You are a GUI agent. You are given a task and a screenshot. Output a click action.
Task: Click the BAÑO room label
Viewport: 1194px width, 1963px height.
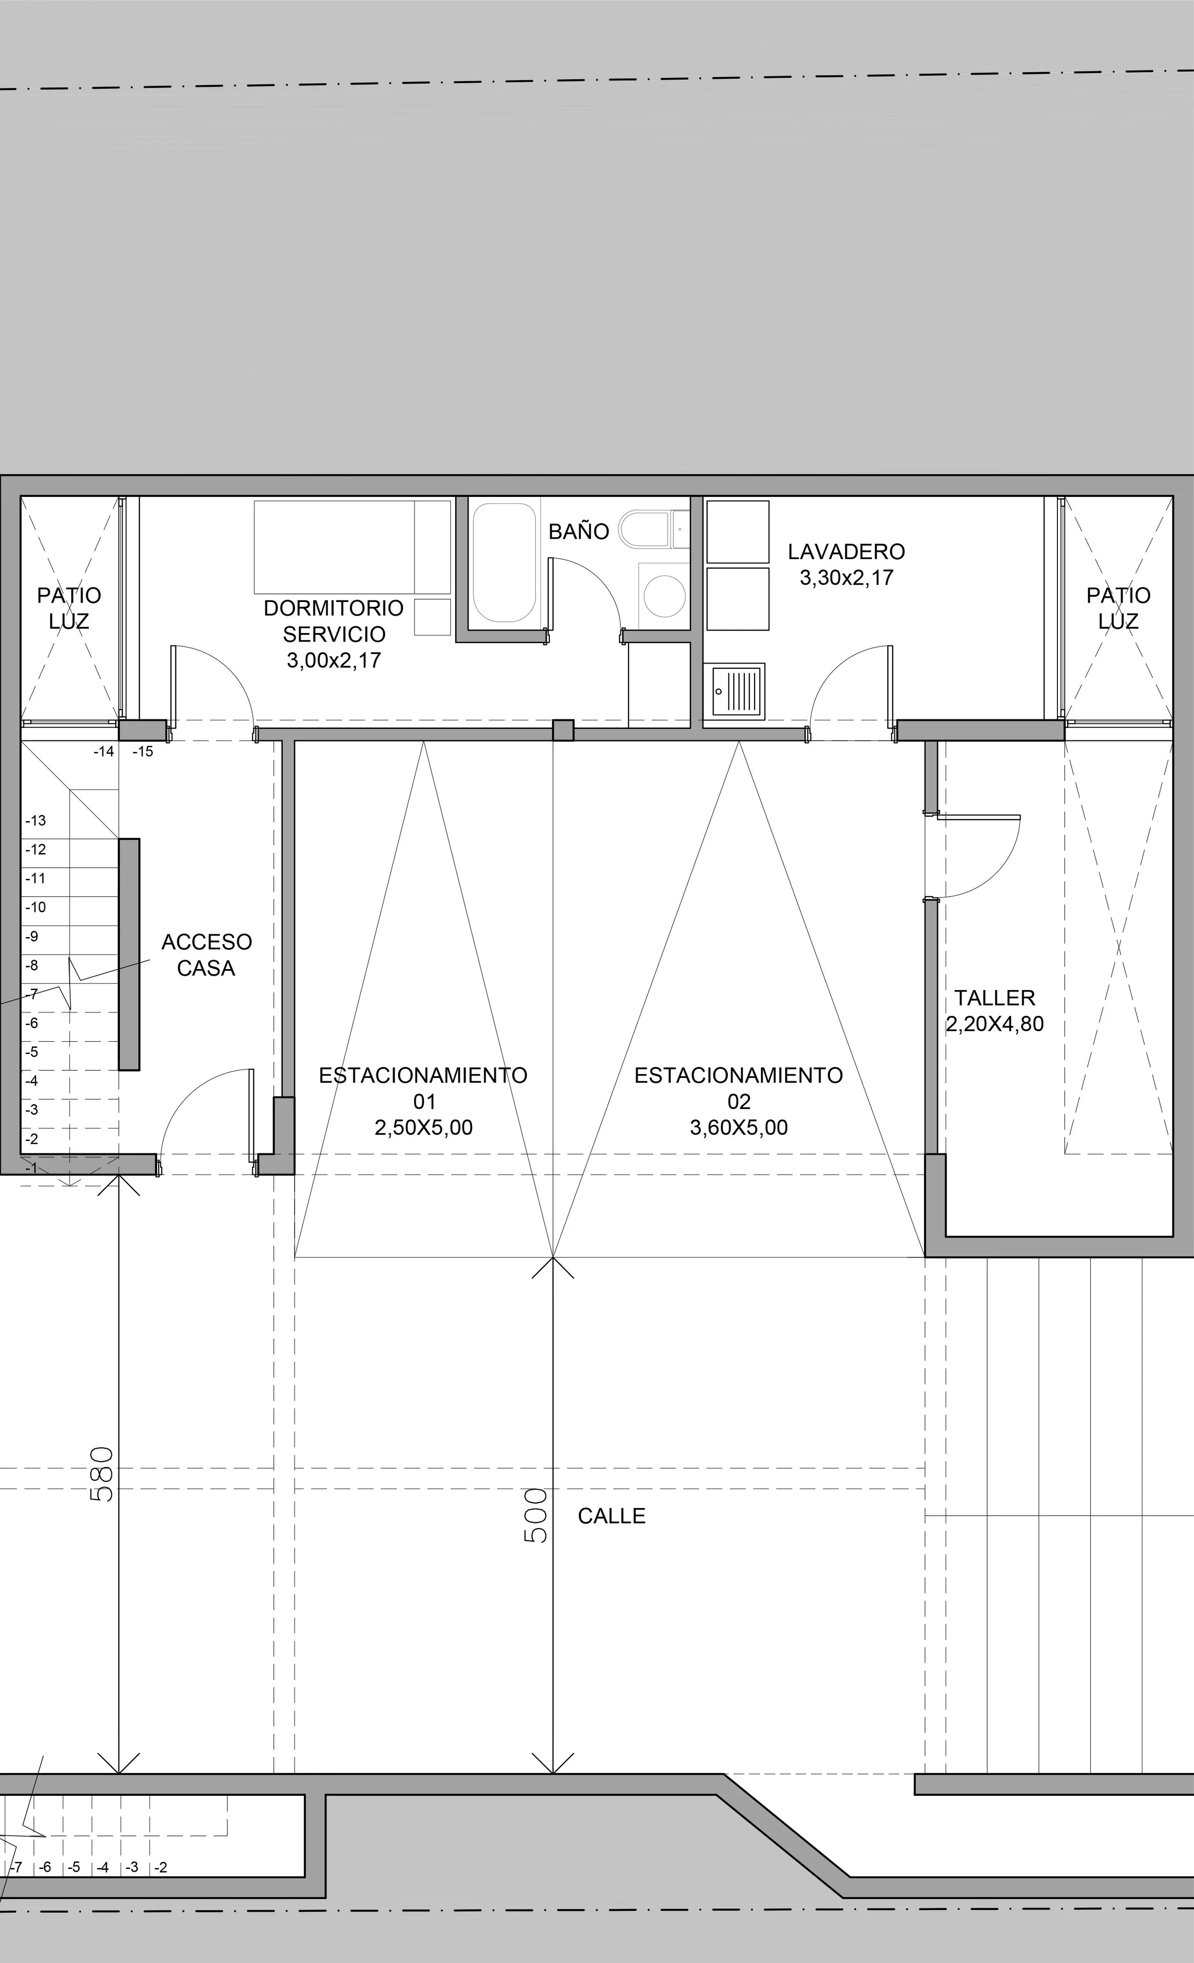(579, 531)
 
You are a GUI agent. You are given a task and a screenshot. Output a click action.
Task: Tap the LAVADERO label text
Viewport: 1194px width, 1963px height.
(846, 551)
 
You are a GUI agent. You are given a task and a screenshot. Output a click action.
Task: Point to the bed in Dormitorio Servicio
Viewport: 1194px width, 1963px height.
(352, 547)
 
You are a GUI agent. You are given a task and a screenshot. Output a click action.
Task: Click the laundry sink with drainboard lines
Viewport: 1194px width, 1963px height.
(738, 690)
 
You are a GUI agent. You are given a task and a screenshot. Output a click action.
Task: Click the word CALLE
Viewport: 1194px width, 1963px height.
(611, 1516)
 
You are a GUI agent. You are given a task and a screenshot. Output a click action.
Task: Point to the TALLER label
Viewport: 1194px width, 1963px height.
(995, 997)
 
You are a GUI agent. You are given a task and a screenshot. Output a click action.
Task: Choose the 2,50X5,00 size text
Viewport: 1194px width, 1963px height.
(423, 1127)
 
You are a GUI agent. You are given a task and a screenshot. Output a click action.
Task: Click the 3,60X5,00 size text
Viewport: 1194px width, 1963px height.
(739, 1127)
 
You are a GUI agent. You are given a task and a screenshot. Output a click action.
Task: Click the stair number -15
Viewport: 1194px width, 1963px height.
(143, 751)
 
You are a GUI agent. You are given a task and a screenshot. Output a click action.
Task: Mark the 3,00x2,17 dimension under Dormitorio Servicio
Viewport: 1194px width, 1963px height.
(334, 660)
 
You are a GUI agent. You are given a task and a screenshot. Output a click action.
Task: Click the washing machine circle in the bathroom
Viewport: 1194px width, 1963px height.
(664, 595)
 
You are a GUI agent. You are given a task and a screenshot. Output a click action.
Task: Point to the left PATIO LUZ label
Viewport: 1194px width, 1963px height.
(69, 608)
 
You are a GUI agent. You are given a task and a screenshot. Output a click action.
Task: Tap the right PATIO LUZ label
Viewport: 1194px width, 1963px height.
(1118, 608)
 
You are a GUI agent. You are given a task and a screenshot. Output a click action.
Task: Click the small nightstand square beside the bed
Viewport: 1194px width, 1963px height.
(432, 617)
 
